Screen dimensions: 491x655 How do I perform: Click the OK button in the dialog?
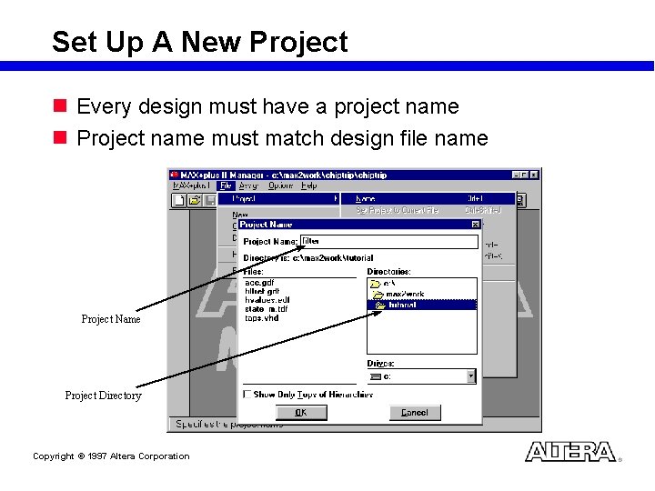coord(301,413)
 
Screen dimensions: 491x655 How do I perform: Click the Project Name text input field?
coord(388,242)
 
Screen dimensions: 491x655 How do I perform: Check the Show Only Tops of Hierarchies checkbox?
coord(248,395)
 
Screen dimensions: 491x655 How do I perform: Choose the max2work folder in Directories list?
coord(404,294)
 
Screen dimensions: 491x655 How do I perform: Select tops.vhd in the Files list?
coord(261,318)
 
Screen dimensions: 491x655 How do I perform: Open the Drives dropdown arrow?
coord(470,376)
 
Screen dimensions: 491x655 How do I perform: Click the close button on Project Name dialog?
coord(475,225)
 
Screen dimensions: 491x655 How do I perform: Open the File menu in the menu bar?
coord(226,185)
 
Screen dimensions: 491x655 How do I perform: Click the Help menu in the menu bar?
coord(309,185)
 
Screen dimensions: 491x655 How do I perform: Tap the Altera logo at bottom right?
coord(570,452)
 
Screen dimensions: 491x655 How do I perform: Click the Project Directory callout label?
coord(103,396)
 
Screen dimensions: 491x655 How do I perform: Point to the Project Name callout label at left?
coord(111,319)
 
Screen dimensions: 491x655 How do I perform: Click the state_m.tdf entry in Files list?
coord(267,309)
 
